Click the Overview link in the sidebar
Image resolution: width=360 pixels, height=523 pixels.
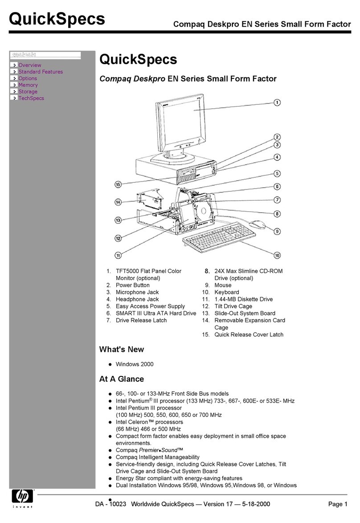[x=29, y=65]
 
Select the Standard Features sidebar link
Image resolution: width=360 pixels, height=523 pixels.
[x=40, y=72]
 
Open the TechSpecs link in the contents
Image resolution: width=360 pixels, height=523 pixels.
[x=31, y=99]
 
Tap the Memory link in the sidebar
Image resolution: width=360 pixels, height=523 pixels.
[x=28, y=85]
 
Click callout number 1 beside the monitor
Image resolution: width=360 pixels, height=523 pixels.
[x=277, y=102]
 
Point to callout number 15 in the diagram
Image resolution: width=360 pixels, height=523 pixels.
[x=118, y=184]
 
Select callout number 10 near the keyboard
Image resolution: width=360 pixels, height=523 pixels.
[x=277, y=255]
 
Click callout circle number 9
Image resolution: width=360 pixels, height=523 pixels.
[x=277, y=231]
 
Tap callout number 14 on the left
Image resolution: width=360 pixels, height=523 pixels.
[x=118, y=202]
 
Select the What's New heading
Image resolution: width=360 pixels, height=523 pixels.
[x=121, y=350]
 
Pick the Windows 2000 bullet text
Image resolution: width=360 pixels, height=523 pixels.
[x=134, y=364]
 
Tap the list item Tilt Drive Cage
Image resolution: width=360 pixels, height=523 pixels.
[x=233, y=306]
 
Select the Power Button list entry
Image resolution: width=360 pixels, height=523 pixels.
[x=132, y=285]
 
